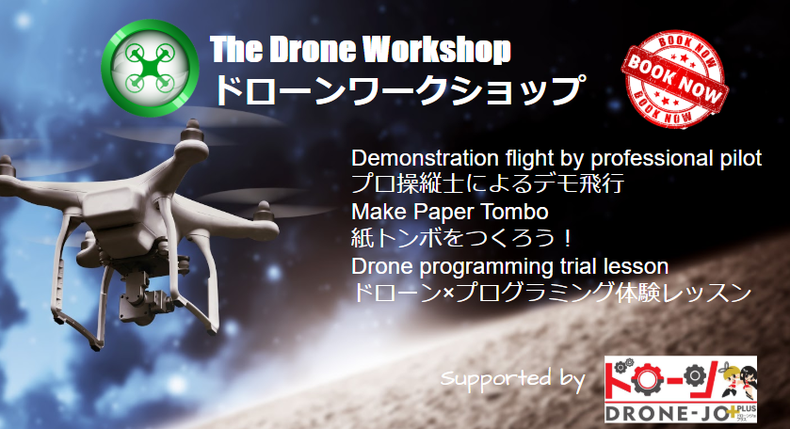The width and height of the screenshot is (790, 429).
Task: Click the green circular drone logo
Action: coord(150,68)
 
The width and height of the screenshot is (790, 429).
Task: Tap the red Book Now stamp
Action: coord(674,79)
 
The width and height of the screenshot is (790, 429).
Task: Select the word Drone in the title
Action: coord(313,49)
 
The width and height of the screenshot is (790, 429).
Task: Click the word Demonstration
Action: coord(426,158)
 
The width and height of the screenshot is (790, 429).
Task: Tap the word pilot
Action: coord(741,158)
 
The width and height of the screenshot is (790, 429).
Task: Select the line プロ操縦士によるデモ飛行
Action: coord(488,183)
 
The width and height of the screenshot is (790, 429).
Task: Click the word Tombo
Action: coord(514,212)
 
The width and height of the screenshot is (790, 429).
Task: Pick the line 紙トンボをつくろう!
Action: coord(462,238)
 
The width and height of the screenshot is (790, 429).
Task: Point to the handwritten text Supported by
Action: coord(513,378)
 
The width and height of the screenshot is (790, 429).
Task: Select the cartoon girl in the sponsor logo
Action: coord(738,382)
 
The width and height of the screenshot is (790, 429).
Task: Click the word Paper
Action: coord(444,213)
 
